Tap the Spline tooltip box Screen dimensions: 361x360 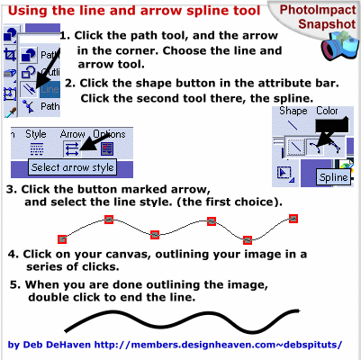coord(333,177)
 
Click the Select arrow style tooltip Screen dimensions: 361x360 coord(73,167)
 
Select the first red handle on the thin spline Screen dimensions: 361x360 coord(62,239)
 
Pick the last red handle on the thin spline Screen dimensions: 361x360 coord(293,219)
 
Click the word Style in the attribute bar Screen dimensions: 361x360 coord(36,134)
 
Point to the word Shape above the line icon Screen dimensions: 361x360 coord(293,111)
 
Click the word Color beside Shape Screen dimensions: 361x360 coord(327,111)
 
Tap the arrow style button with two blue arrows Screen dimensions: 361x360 coord(72,148)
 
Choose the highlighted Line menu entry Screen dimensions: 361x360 coord(50,89)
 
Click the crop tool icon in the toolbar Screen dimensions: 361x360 coord(10,55)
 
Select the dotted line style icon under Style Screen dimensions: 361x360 coord(37,148)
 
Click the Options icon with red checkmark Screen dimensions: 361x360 coord(107,148)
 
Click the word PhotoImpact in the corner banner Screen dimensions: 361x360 coord(318,10)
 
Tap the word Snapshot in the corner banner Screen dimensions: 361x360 coord(327,24)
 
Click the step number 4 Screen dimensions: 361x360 coord(12,254)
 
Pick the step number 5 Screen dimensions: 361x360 coord(14,284)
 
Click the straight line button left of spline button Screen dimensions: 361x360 coord(295,147)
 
